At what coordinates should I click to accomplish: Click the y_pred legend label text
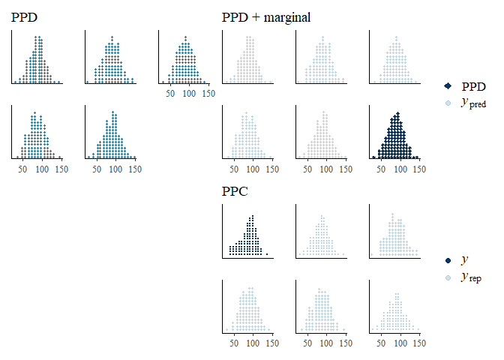point(473,103)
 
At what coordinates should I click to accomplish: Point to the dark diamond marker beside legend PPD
point(448,87)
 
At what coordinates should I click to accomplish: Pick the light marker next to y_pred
point(448,103)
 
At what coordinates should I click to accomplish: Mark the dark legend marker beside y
point(448,260)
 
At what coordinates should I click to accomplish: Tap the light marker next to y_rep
point(448,277)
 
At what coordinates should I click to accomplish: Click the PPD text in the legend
point(473,87)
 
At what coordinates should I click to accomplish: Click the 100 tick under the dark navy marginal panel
point(400,169)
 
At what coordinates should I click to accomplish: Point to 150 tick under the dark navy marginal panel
point(419,169)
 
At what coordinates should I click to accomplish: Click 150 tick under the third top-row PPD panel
point(208,94)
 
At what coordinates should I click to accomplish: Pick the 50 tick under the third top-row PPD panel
point(170,94)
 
